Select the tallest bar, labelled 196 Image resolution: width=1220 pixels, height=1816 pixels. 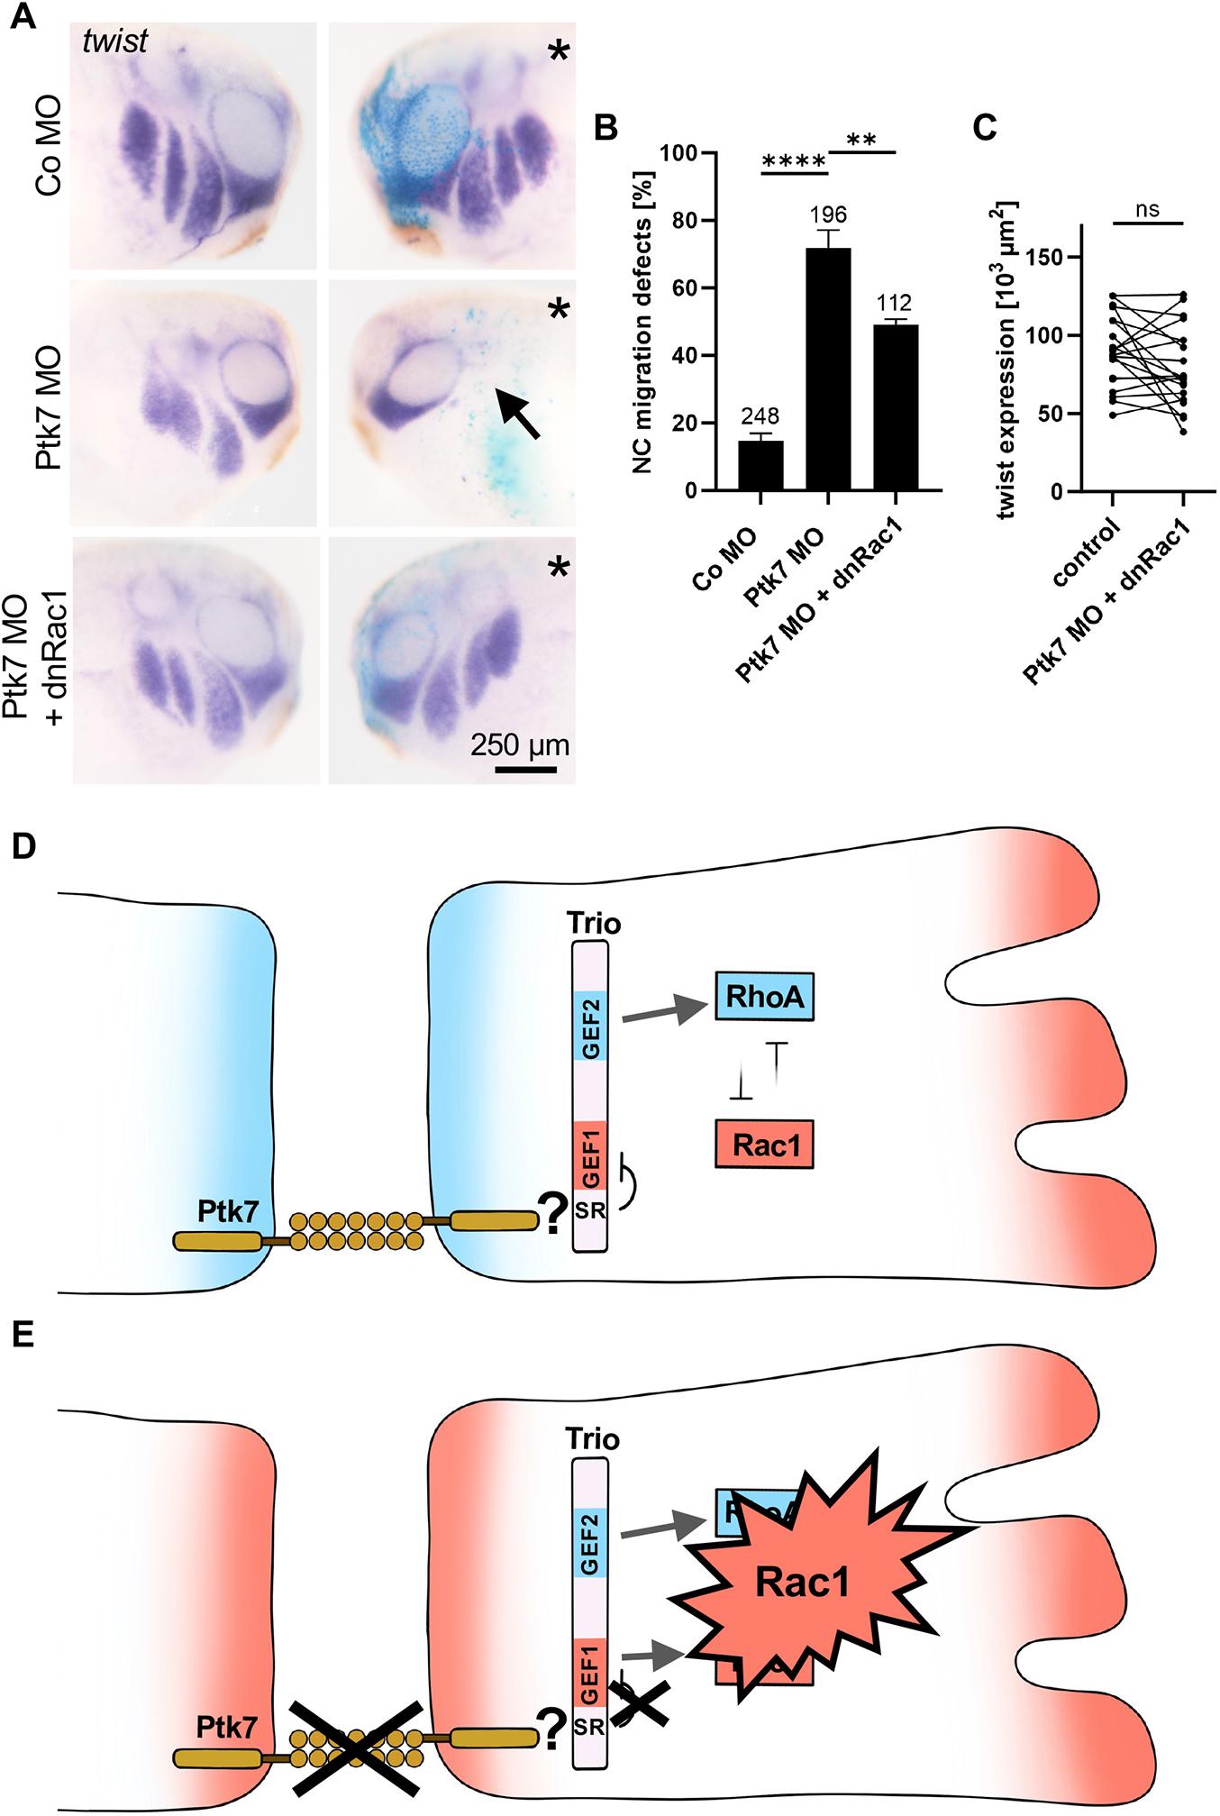827,370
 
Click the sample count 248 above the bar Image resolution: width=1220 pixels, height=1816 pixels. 760,417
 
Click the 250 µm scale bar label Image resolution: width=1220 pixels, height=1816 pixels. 520,747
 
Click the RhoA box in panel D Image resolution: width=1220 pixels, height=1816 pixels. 764,996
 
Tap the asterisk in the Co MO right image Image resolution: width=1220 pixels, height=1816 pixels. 559,52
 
